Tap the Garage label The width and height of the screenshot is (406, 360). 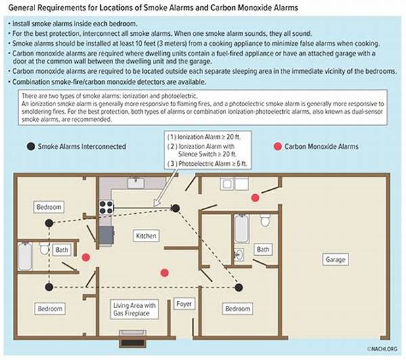click(335, 259)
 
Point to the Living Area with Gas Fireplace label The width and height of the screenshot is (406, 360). click(134, 310)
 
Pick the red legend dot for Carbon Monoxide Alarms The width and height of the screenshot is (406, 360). click(276, 146)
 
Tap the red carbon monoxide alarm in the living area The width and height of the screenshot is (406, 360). click(164, 272)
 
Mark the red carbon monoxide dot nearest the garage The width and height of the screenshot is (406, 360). click(255, 197)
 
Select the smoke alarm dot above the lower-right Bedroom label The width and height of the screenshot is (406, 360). click(238, 287)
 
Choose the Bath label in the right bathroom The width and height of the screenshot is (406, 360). click(263, 249)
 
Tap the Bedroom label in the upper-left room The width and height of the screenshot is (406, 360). click(50, 206)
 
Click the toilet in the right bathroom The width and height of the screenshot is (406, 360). click(265, 219)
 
